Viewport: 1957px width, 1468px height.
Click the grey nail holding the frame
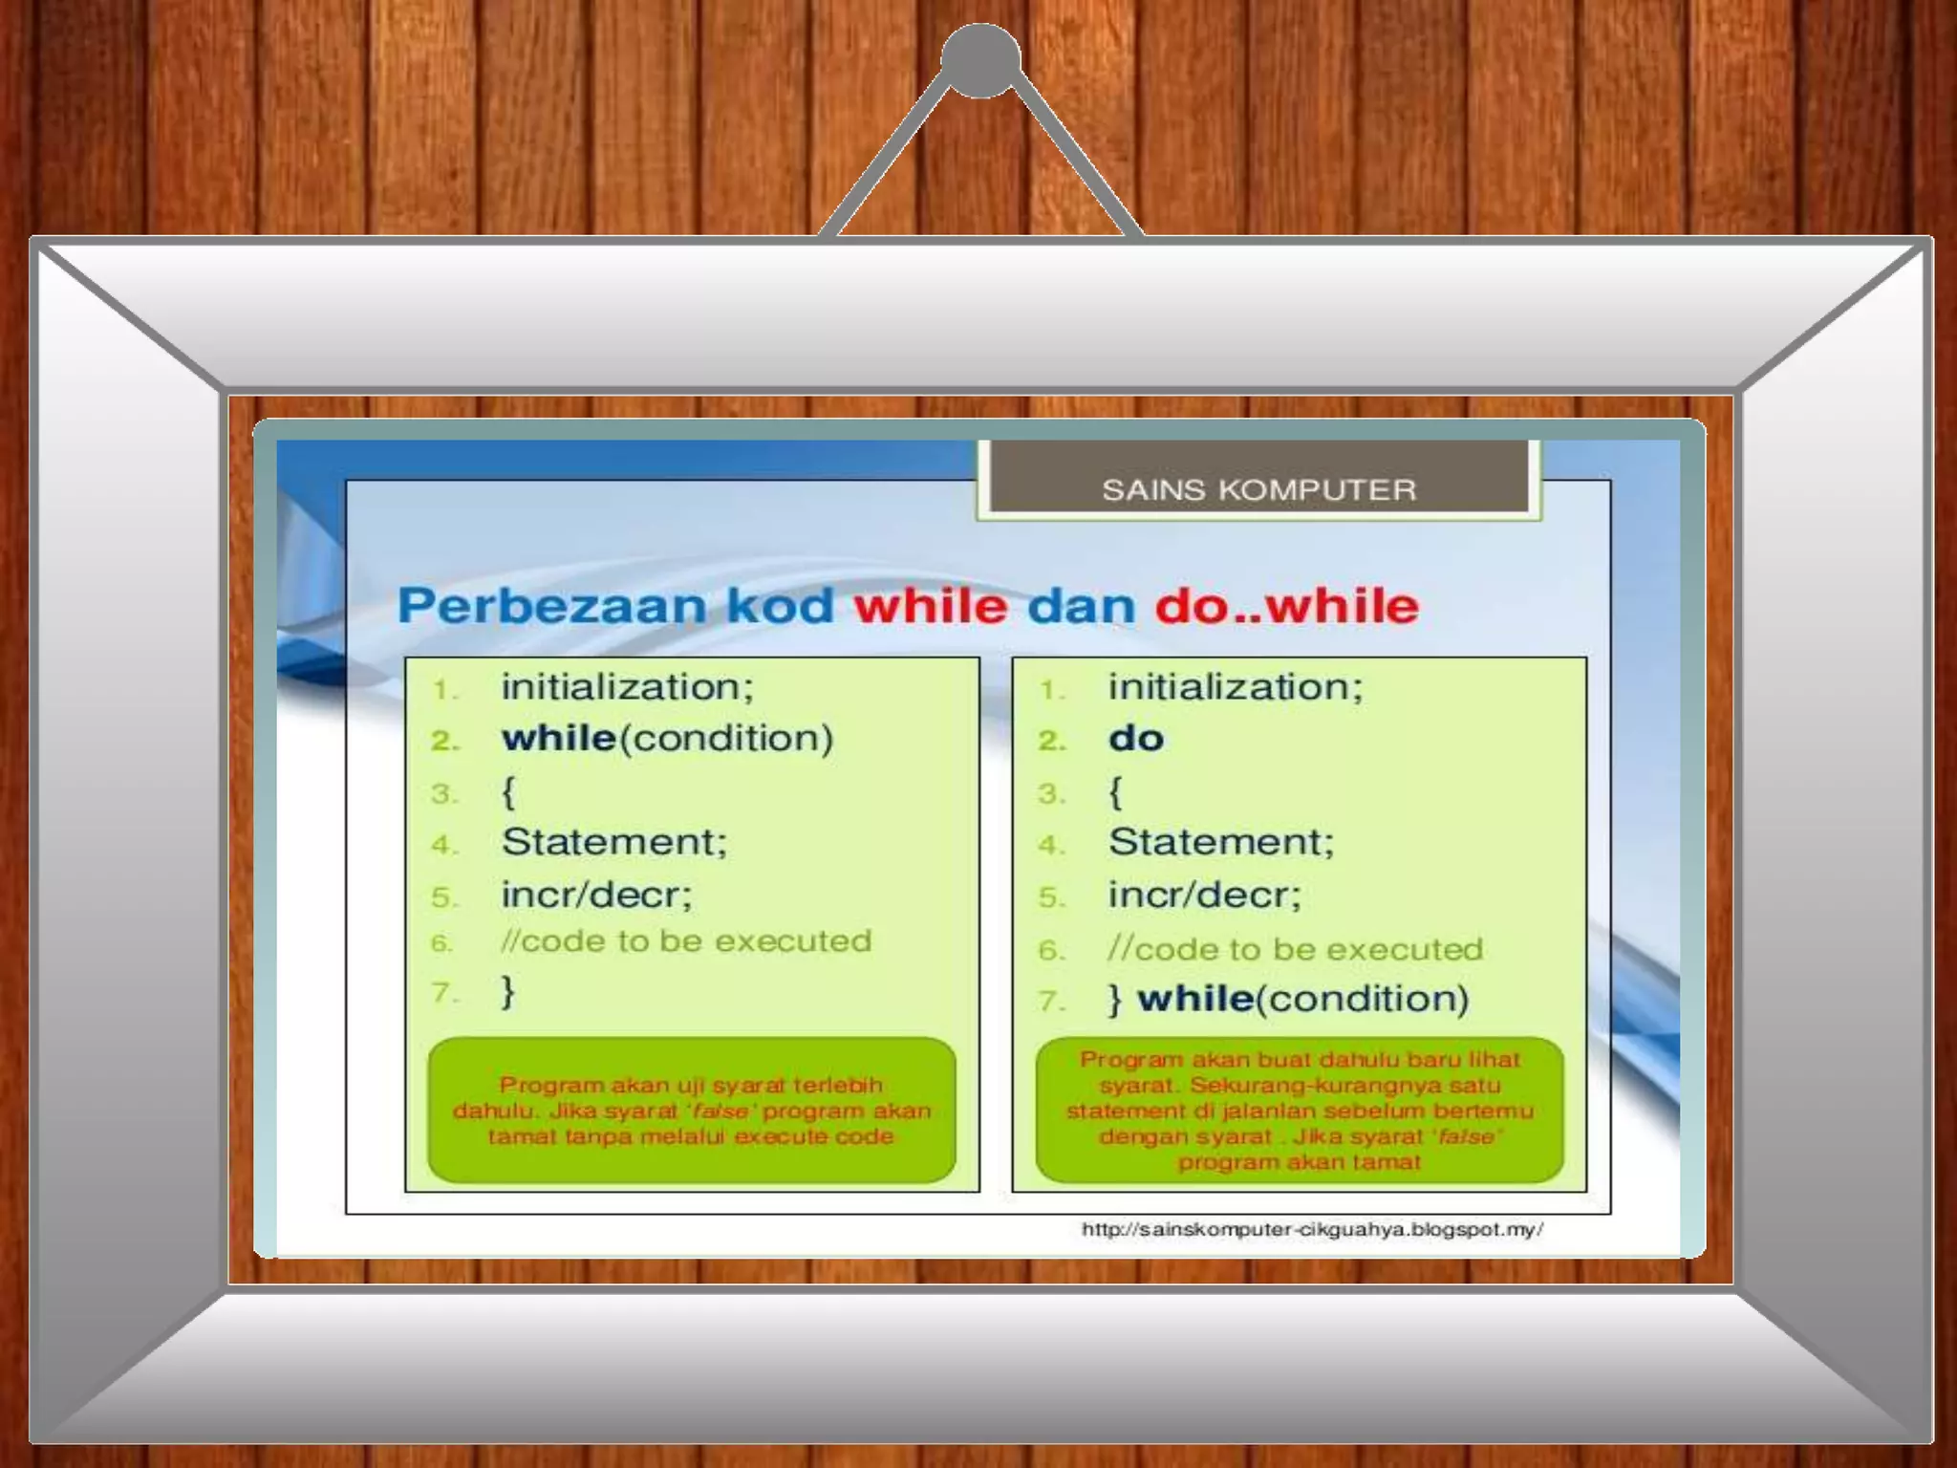tap(980, 61)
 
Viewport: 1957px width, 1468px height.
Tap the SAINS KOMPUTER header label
tap(1258, 490)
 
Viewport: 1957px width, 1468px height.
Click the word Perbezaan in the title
tap(550, 606)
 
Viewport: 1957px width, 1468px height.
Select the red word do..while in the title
tap(1286, 606)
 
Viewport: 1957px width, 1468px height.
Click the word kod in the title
tap(780, 606)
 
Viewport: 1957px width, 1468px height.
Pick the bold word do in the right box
tap(1135, 739)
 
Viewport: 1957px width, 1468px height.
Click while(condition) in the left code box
tap(667, 739)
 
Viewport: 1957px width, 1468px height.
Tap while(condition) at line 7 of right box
tap(1302, 999)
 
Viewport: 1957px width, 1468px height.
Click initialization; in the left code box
tap(627, 687)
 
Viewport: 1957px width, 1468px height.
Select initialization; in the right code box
tap(1235, 687)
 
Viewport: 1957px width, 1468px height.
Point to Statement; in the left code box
tap(613, 842)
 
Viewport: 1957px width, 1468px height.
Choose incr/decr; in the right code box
tap(1204, 895)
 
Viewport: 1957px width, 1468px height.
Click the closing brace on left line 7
tap(507, 991)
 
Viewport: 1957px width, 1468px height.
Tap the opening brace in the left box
tap(507, 792)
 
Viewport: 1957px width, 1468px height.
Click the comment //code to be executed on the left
tap(686, 941)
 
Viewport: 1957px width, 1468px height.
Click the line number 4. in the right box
tap(1051, 845)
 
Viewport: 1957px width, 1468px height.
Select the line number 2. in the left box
tap(445, 741)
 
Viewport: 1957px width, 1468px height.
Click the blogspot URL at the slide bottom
tap(1311, 1230)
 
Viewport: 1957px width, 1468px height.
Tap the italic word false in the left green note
tap(720, 1112)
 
